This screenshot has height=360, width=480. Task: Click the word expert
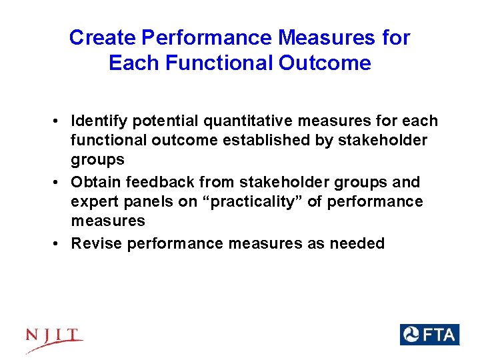[x=94, y=202]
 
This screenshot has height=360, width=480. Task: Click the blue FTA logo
[x=429, y=335]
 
